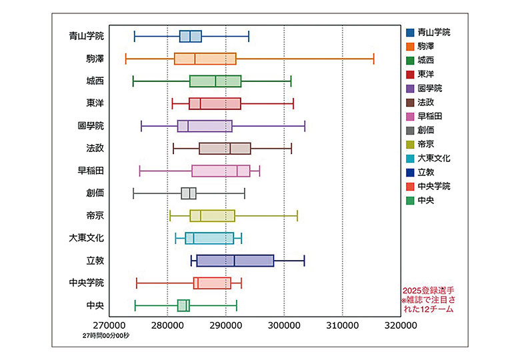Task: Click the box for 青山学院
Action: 191,36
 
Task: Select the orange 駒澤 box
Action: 205,59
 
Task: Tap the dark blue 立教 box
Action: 235,261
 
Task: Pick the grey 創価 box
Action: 189,193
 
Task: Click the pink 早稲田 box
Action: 221,171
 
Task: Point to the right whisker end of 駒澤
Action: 373,59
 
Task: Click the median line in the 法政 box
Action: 230,148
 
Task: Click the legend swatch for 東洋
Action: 410,74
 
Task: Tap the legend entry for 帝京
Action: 427,144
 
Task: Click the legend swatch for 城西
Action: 410,60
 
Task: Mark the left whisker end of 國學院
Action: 141,126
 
